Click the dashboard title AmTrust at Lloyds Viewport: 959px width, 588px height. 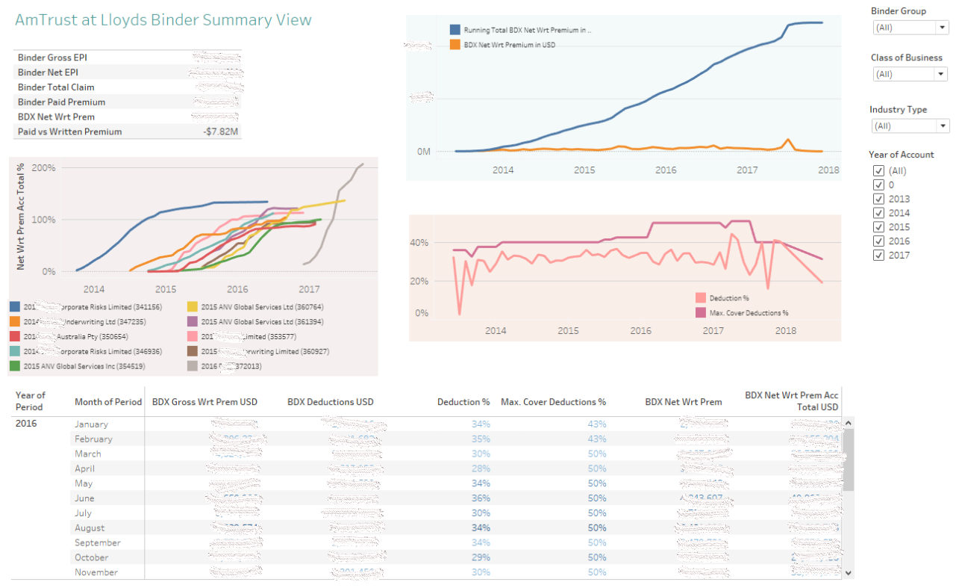(x=163, y=20)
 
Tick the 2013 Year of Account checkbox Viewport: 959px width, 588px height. (x=878, y=199)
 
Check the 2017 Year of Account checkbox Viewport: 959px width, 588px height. (x=878, y=256)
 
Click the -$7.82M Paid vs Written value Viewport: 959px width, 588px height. (x=220, y=132)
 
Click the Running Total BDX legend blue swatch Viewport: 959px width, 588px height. (x=454, y=31)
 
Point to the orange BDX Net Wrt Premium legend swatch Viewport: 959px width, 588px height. (x=454, y=45)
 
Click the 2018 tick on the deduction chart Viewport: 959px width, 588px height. (x=785, y=331)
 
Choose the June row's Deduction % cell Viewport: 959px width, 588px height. (x=481, y=498)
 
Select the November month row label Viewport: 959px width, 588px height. (x=96, y=572)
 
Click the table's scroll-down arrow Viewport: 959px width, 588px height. (x=847, y=572)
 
